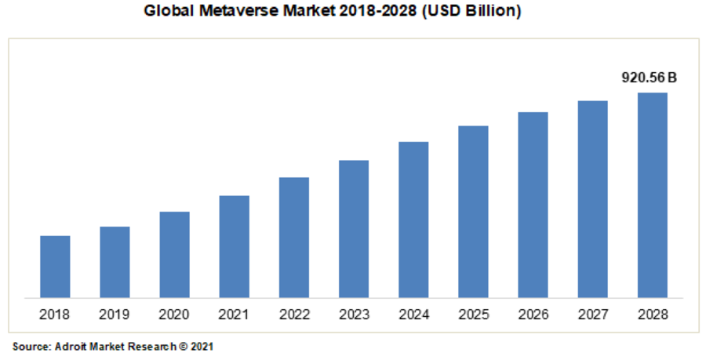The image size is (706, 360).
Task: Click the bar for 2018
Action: click(x=55, y=267)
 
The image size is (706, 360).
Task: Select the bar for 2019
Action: click(x=115, y=262)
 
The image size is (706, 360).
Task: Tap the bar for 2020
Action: click(x=174, y=255)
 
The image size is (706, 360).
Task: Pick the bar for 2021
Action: click(x=234, y=246)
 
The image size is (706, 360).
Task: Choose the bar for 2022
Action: click(x=294, y=238)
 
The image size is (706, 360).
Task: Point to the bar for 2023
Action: click(x=354, y=229)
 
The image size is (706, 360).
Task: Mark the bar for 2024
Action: click(x=413, y=220)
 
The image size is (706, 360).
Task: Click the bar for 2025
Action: click(x=473, y=212)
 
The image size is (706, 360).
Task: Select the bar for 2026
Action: click(x=533, y=205)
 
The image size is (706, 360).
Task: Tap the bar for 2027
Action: click(x=593, y=199)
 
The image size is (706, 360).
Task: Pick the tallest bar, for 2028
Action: click(x=653, y=195)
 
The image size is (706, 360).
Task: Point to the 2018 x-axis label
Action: click(x=55, y=315)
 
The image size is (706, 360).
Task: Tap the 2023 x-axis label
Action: click(x=354, y=315)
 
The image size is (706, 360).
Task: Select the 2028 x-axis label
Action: click(x=653, y=315)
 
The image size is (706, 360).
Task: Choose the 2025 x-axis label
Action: click(x=473, y=315)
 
